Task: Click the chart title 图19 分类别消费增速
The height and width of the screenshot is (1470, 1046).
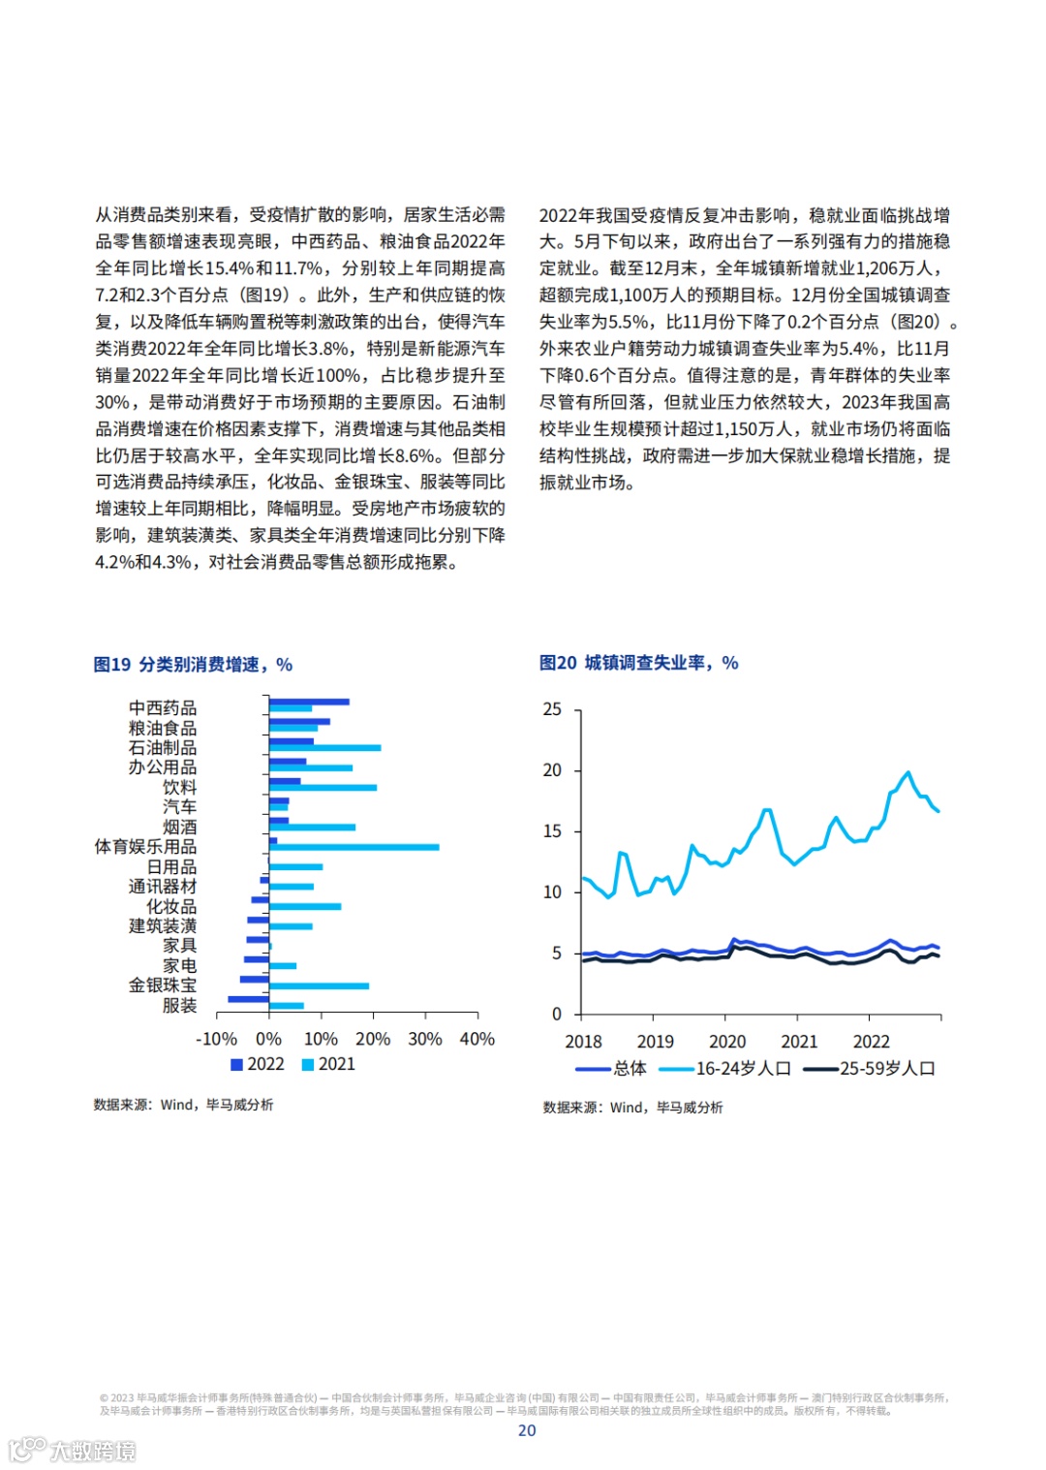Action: tap(193, 665)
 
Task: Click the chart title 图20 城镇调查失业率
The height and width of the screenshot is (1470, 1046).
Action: tap(638, 663)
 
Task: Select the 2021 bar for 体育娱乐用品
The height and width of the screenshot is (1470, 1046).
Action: tap(354, 847)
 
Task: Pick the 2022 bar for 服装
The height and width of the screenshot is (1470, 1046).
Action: tap(248, 999)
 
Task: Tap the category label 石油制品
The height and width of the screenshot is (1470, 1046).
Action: tap(163, 748)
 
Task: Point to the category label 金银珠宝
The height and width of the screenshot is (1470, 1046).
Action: tap(163, 985)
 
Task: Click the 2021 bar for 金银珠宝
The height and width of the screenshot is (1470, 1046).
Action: tap(319, 986)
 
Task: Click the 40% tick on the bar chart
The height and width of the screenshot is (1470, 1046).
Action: tap(477, 1039)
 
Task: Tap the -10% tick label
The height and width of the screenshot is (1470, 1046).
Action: tap(216, 1039)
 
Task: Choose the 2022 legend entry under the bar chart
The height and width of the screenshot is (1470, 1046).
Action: tap(258, 1064)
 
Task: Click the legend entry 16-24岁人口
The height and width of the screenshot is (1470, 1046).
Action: tap(726, 1069)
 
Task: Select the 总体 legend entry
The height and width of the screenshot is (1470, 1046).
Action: tap(612, 1069)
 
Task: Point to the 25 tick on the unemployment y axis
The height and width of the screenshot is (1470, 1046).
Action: tap(552, 709)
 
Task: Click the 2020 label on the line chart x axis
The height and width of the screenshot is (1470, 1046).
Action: tap(727, 1042)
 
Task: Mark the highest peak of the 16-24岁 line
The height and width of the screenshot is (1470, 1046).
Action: tap(908, 772)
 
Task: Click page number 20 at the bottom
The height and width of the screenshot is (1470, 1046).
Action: tap(527, 1430)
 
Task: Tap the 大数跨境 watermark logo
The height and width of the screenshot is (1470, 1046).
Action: tap(72, 1450)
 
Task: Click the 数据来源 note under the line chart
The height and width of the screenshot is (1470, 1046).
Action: tap(632, 1108)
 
